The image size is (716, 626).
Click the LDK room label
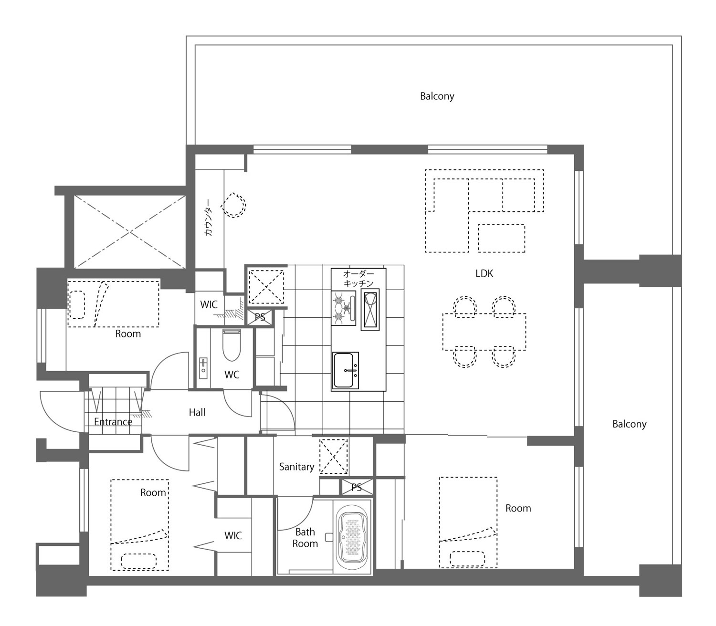[484, 273]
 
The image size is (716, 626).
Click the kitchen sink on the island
[346, 370]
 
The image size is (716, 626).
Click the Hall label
[197, 413]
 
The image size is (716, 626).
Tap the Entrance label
[113, 422]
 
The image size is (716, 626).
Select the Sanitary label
[296, 467]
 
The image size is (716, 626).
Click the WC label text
[232, 375]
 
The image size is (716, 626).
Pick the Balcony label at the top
[437, 96]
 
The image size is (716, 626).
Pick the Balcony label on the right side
[629, 424]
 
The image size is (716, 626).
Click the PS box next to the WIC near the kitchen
[259, 317]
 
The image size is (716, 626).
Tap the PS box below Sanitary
[357, 487]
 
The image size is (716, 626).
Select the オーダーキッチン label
[358, 278]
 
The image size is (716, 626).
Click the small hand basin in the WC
[203, 368]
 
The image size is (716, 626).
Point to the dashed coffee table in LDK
[502, 238]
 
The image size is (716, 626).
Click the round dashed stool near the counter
[233, 205]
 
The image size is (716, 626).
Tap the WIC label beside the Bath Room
[233, 535]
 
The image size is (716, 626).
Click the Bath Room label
[305, 538]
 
